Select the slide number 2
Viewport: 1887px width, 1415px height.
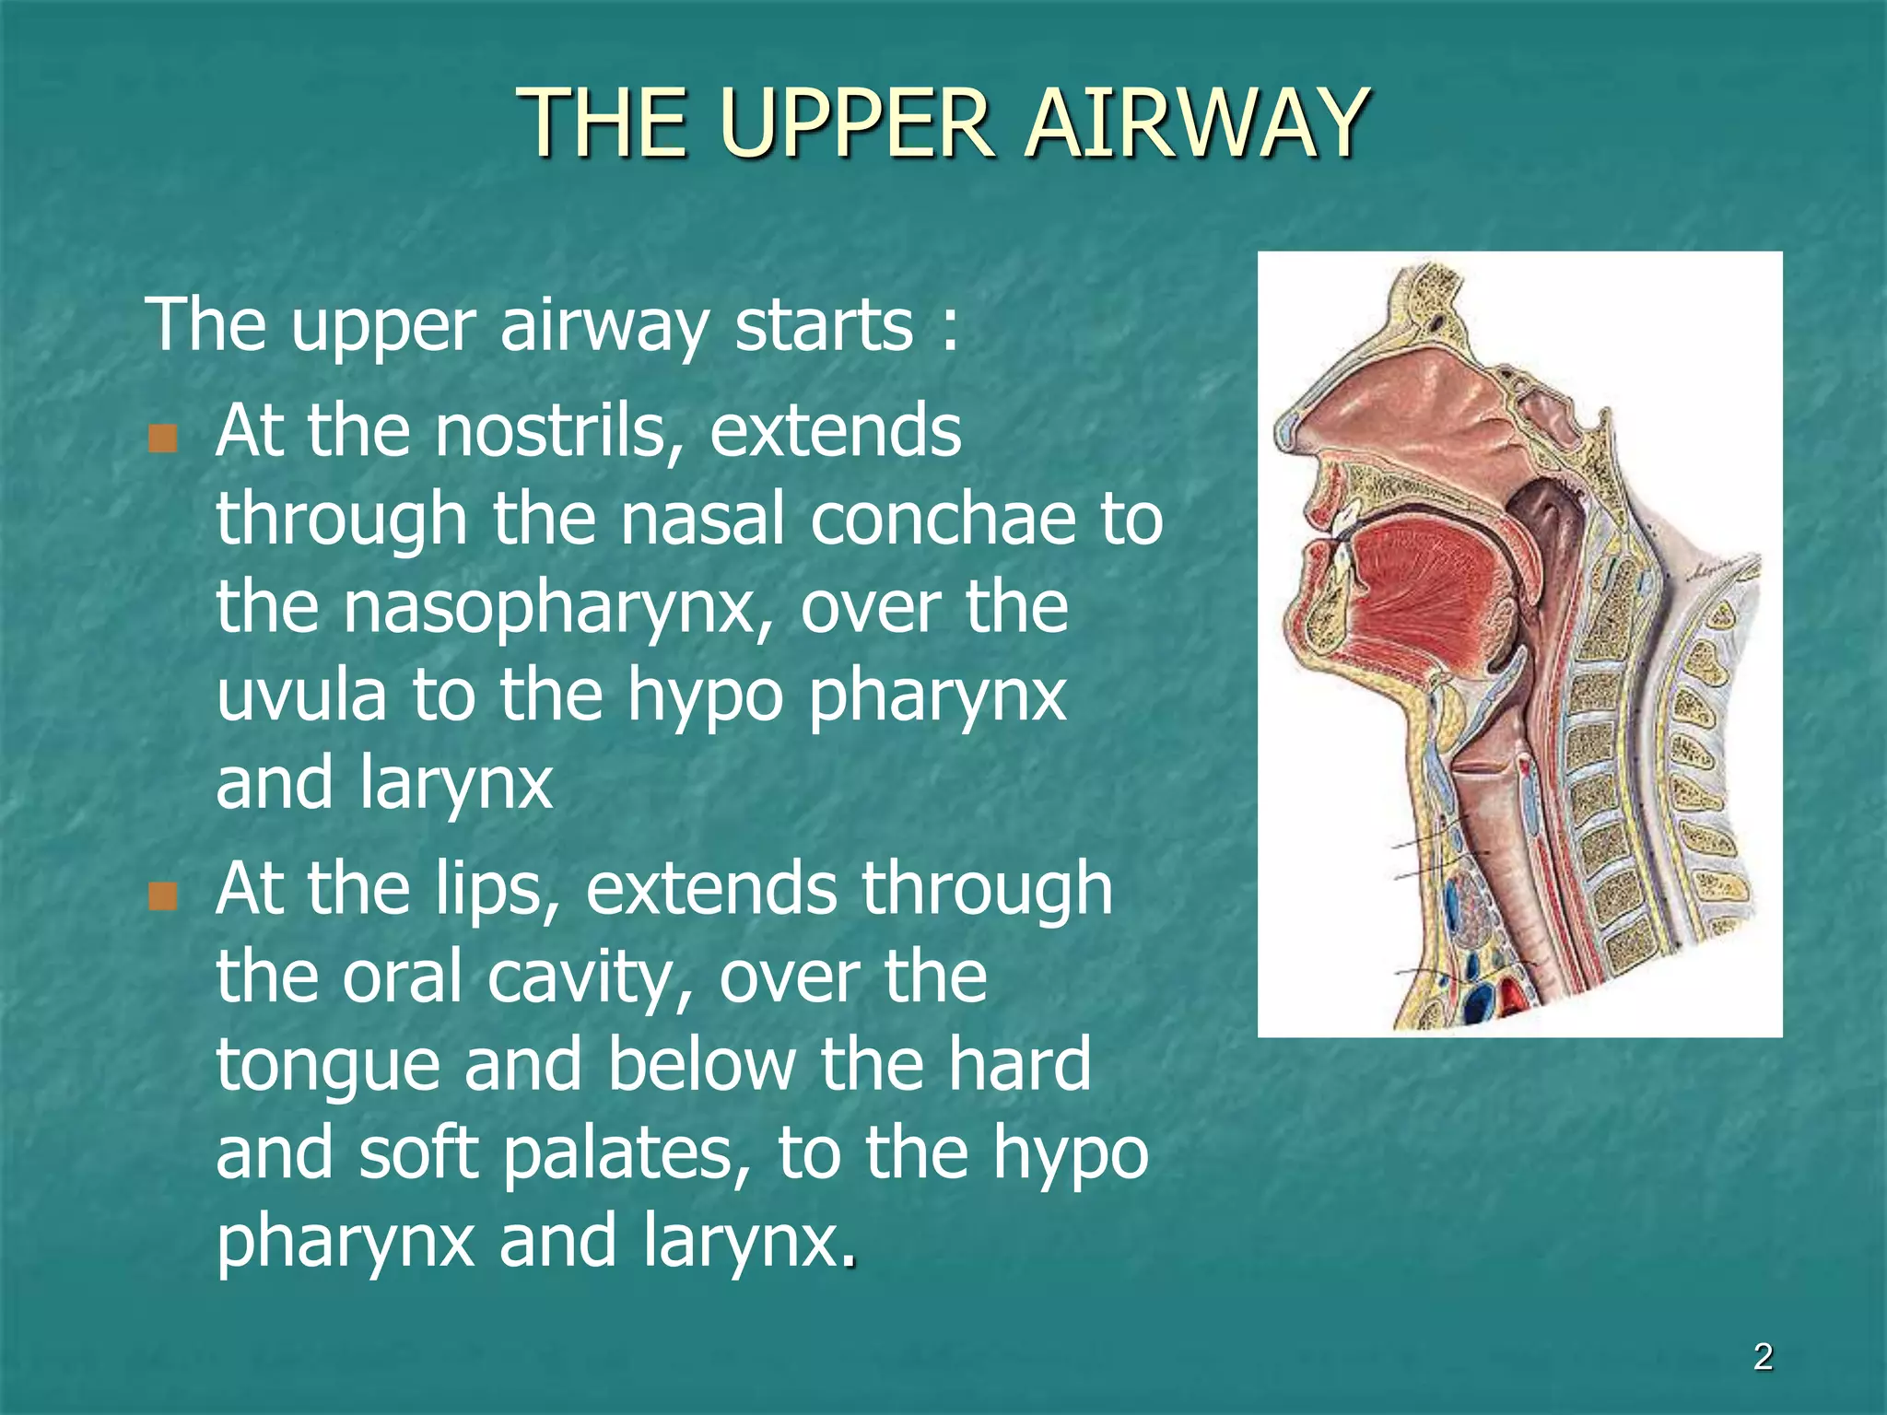click(1763, 1357)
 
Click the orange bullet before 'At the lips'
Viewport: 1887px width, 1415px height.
click(162, 895)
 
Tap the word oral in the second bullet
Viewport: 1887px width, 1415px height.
click(402, 977)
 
